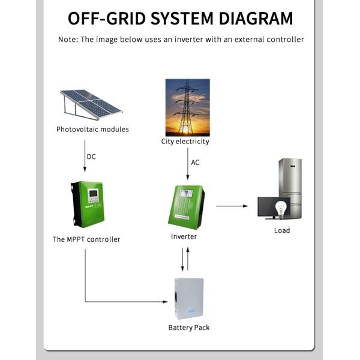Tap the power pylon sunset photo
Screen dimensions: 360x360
click(x=187, y=107)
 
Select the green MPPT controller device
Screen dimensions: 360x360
click(x=88, y=204)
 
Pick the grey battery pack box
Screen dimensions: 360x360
click(x=188, y=299)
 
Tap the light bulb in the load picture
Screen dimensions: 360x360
click(x=279, y=207)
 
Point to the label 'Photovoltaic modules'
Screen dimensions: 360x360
click(x=92, y=129)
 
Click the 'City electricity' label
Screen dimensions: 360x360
click(x=185, y=142)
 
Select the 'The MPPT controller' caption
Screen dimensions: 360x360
click(x=86, y=239)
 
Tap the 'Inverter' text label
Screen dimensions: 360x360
click(x=184, y=236)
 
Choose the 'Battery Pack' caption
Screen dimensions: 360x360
click(x=188, y=328)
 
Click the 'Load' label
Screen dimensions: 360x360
click(x=281, y=230)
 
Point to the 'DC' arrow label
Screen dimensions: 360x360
click(x=91, y=157)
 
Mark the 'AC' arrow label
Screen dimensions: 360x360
click(x=195, y=163)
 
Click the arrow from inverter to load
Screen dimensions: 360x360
click(x=232, y=206)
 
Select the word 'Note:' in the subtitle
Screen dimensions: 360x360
click(x=68, y=40)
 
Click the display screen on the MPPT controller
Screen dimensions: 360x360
click(x=93, y=195)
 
